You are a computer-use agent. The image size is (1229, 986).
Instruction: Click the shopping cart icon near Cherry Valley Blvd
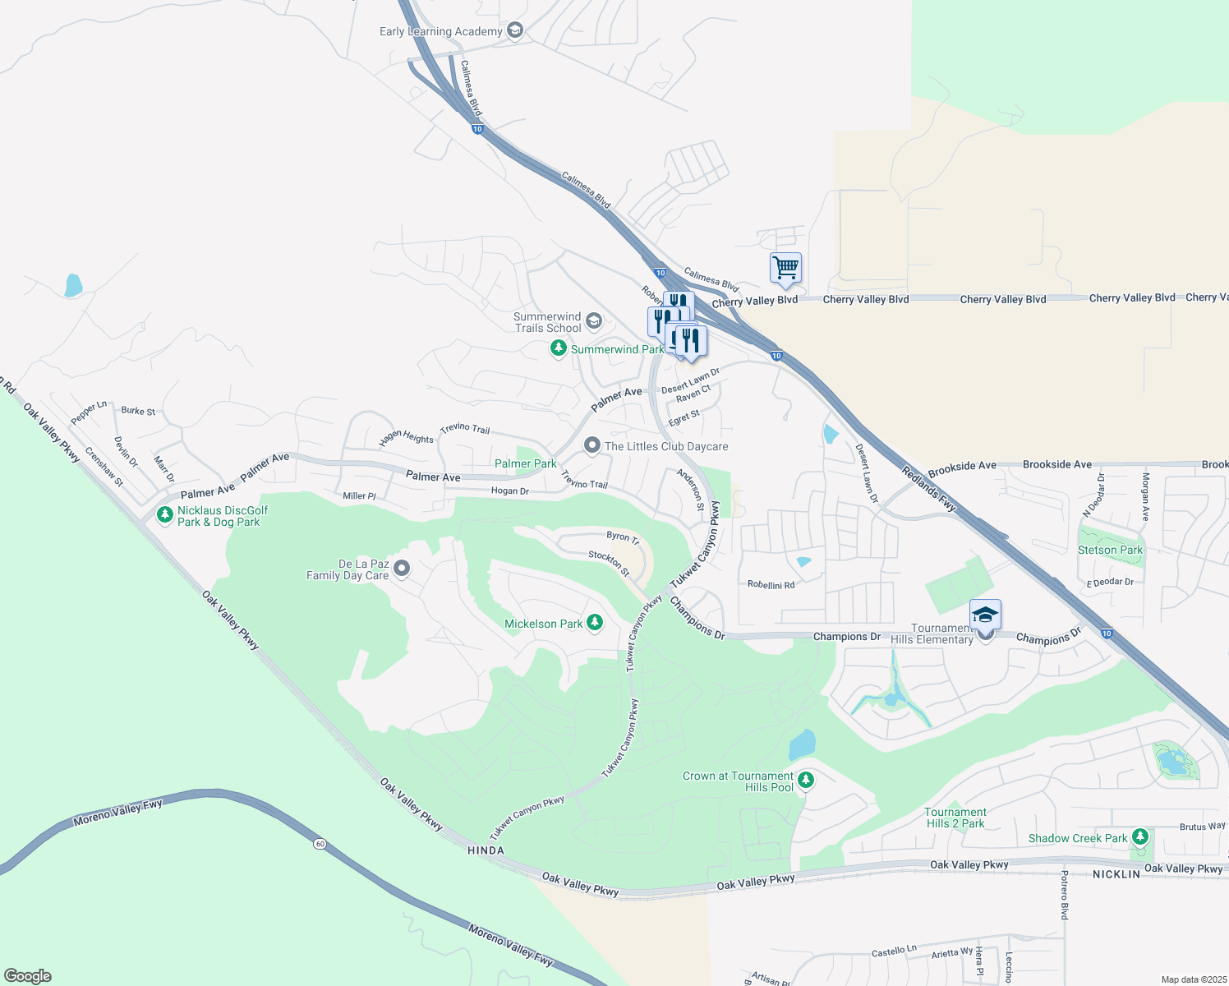coord(785,267)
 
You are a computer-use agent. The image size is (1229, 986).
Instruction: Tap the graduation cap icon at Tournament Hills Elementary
coord(985,615)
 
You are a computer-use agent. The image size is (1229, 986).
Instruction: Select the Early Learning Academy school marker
coord(515,31)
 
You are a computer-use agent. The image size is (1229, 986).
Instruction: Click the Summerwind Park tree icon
coord(559,349)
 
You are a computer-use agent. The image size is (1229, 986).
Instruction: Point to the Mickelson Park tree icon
coord(595,624)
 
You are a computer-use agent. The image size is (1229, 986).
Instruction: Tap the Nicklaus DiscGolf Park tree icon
coord(165,516)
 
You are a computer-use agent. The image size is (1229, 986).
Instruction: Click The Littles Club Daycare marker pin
coord(592,445)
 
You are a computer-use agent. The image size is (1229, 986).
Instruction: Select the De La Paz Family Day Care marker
coord(402,569)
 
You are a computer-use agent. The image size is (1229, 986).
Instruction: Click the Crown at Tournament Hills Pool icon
coord(806,781)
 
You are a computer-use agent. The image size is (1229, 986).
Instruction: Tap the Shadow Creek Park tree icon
coord(1139,837)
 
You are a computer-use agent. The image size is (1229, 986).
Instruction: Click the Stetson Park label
coord(1110,550)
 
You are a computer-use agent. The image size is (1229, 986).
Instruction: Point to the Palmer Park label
coord(525,463)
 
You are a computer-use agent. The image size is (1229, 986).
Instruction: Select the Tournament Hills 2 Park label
coord(955,818)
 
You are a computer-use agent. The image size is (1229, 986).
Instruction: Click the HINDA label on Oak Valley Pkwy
coord(486,850)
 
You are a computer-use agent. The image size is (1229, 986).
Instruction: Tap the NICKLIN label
coord(1116,874)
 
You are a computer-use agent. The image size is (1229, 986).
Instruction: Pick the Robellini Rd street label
coord(771,585)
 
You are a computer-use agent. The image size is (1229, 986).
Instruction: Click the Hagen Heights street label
coord(406,437)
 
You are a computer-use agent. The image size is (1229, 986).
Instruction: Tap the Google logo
coord(27,975)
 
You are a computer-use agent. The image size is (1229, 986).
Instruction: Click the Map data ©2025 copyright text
coord(1193,979)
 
